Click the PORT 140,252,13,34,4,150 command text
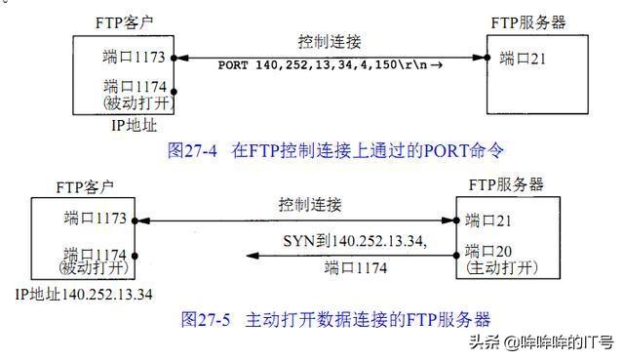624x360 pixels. (321, 64)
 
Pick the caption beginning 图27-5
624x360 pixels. (336, 319)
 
